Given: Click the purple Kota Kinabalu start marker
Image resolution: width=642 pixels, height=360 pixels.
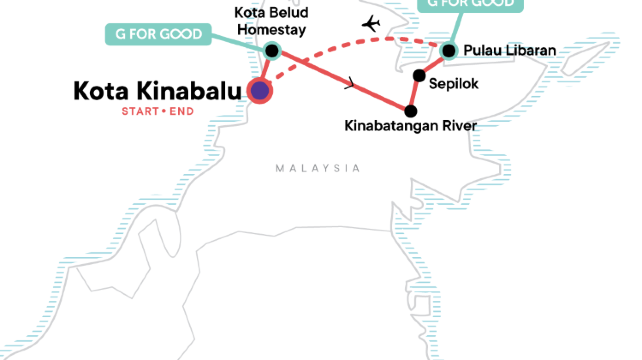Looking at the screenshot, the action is pos(260,91).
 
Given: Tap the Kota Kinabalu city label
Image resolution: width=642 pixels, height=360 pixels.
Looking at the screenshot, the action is pos(158,91).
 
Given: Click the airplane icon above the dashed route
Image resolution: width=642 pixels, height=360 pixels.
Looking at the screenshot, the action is pos(372,23).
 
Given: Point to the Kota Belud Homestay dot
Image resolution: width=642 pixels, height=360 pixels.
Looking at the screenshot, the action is pos(271,50).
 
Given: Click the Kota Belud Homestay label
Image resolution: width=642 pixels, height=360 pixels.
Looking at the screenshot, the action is pos(271,21).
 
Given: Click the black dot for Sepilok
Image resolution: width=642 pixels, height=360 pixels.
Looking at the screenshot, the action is pos(419,75).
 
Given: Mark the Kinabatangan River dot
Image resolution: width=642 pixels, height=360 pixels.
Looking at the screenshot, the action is pos(411,109).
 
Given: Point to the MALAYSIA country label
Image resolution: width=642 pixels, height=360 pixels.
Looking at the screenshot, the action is pos(319,169).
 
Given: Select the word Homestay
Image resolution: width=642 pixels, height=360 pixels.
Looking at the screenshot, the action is pos(271,29).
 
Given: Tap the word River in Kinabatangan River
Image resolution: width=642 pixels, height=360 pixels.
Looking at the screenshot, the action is pos(454,128).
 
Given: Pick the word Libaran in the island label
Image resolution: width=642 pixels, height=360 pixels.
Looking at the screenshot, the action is pos(530,50).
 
